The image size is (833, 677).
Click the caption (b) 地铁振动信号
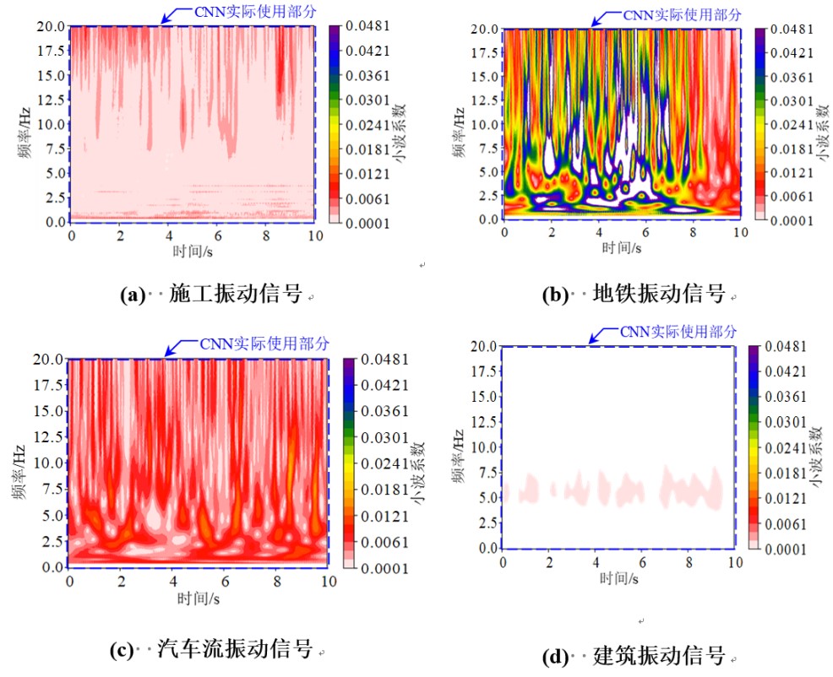pos(634,295)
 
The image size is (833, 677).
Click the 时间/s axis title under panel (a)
pos(193,250)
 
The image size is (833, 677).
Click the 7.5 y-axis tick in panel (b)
pos(486,148)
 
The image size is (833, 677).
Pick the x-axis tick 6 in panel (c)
pos(226,582)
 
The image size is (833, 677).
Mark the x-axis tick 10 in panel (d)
pos(735,562)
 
